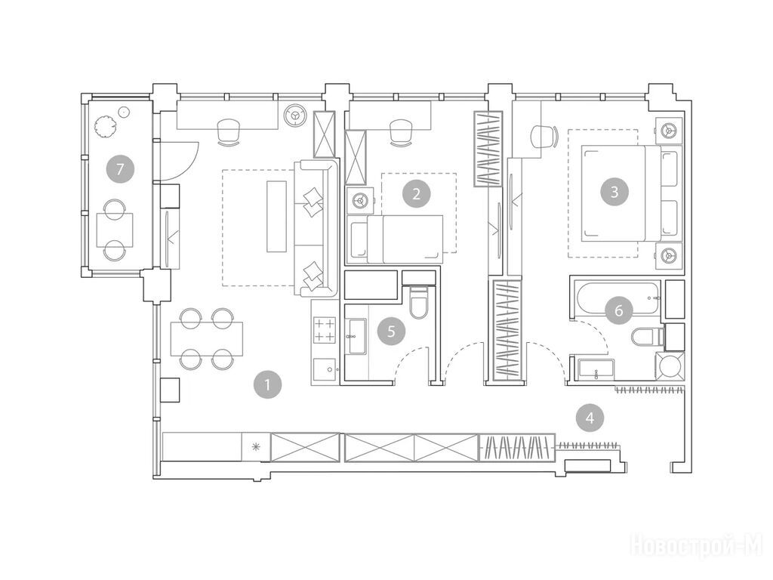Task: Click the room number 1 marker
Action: (x=268, y=384)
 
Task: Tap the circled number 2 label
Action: (x=417, y=194)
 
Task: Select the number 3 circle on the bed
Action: (x=614, y=191)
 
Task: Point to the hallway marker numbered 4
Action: (x=590, y=418)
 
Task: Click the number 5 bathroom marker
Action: (x=392, y=331)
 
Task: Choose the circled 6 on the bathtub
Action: (x=619, y=310)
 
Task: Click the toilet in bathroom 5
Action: (x=419, y=303)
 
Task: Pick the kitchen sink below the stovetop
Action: (x=325, y=370)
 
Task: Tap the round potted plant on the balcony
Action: (x=104, y=126)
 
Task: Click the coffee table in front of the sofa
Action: (x=276, y=217)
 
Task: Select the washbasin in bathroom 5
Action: (x=356, y=336)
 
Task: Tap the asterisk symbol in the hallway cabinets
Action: (x=255, y=447)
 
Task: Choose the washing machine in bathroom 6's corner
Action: (x=670, y=366)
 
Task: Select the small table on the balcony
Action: (x=115, y=230)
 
